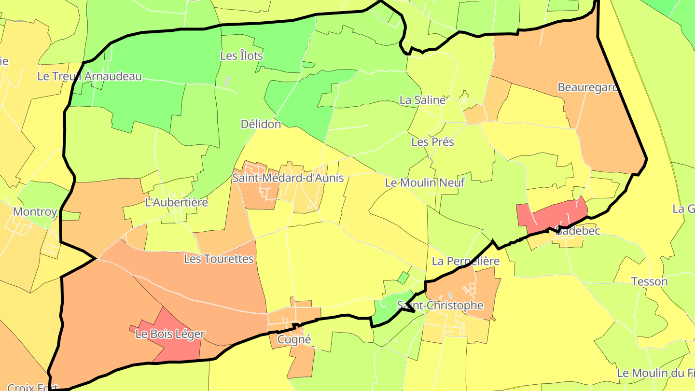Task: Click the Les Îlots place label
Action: pos(241,56)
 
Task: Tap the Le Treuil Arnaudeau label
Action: pos(90,76)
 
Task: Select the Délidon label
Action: pos(261,124)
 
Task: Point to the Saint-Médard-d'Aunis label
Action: pos(288,178)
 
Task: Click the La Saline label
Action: pos(423,100)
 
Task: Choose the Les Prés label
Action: pos(432,142)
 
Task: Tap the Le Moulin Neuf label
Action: pos(425,182)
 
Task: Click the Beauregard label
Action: pos(588,87)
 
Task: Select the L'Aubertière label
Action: pos(177,202)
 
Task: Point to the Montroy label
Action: pos(35,211)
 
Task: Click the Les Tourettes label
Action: pos(219,259)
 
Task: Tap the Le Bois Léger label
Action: pos(170,334)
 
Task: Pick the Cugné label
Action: pos(294,339)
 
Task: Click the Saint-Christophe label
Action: pos(440,305)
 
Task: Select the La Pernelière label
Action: pos(466,261)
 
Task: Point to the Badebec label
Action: pos(578,231)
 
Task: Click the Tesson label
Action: pos(649,281)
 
